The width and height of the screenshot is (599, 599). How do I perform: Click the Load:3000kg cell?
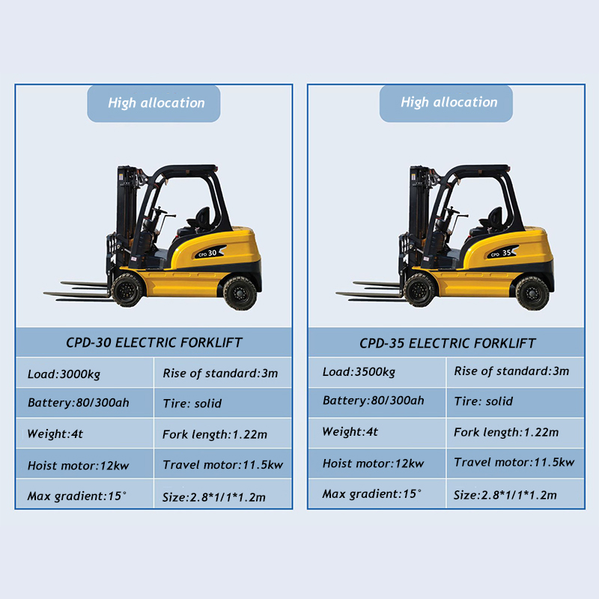tap(85, 373)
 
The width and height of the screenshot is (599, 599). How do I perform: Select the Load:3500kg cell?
tap(377, 371)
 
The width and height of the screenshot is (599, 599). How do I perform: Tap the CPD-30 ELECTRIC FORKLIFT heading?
tap(154, 342)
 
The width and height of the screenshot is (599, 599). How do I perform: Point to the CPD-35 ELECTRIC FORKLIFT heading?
tap(447, 343)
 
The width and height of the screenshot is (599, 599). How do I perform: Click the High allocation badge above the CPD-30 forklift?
tap(153, 103)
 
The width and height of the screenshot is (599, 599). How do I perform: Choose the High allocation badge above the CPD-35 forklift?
tap(446, 103)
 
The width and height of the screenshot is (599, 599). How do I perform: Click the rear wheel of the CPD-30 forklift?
tap(240, 293)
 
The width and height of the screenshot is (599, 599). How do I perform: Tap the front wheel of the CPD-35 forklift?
tap(420, 290)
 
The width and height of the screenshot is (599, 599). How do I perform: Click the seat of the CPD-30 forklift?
tap(200, 219)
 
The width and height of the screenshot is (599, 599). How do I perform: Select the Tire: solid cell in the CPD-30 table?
tap(223, 403)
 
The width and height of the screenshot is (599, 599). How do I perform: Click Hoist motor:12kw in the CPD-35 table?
tap(377, 463)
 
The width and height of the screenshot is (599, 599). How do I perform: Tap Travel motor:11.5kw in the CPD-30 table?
tap(223, 464)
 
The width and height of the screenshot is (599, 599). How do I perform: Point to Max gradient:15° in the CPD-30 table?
tap(85, 494)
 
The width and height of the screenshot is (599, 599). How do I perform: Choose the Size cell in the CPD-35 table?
tap(515, 494)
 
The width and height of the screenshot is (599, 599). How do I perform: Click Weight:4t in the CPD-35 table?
tap(377, 433)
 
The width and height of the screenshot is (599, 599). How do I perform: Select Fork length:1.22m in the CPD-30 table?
tap(223, 434)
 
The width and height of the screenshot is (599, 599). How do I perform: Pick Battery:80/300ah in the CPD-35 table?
tap(377, 402)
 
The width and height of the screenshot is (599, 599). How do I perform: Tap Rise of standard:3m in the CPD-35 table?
tap(515, 371)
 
